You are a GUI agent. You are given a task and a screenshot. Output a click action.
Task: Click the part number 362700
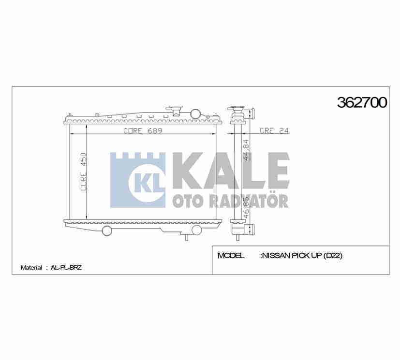click(x=361, y=103)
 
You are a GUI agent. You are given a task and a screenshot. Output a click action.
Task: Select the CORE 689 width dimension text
click(x=142, y=131)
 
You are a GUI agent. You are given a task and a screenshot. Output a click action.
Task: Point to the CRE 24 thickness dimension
click(x=274, y=130)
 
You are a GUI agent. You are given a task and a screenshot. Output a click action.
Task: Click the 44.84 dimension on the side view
click(x=246, y=149)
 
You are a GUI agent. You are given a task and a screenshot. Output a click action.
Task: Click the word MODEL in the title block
click(x=231, y=256)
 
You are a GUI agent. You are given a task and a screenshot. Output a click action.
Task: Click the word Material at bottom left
click(x=31, y=267)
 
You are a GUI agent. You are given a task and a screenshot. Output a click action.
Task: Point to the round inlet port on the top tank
click(x=195, y=114)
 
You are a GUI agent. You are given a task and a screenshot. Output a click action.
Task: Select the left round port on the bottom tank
click(x=107, y=230)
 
